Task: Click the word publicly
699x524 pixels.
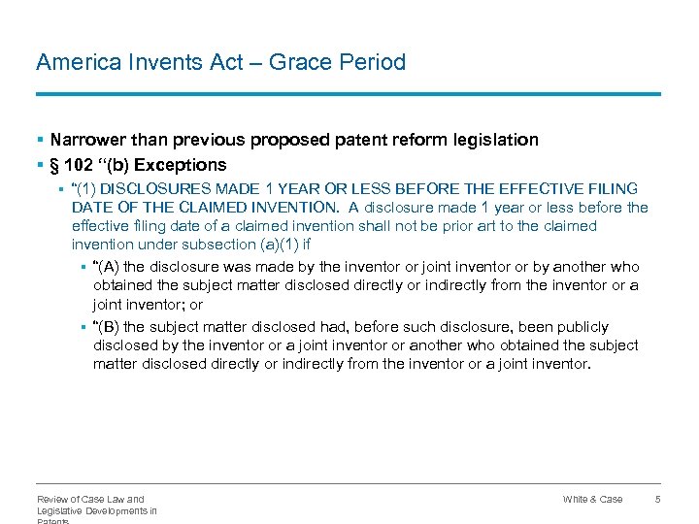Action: (x=580, y=327)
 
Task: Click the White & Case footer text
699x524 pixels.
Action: (x=592, y=499)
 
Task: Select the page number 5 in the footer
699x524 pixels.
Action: (x=657, y=499)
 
